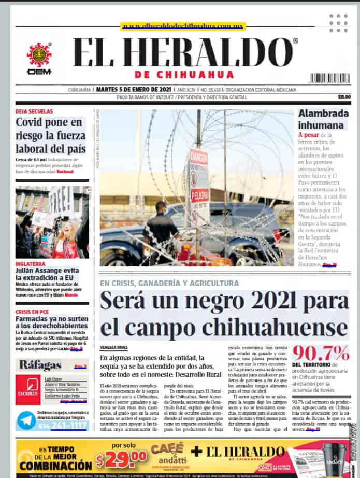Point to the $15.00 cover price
pyautogui.click(x=344, y=97)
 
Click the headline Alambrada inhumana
pyautogui.click(x=321, y=119)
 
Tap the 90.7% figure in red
pyautogui.click(x=320, y=353)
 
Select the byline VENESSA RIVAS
pyautogui.click(x=113, y=347)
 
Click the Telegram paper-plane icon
pyautogui.click(x=26, y=420)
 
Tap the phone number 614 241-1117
pyautogui.click(x=62, y=426)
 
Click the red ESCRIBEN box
pyautogui.click(x=27, y=389)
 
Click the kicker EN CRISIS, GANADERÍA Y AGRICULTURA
pyautogui.click(x=169, y=284)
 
